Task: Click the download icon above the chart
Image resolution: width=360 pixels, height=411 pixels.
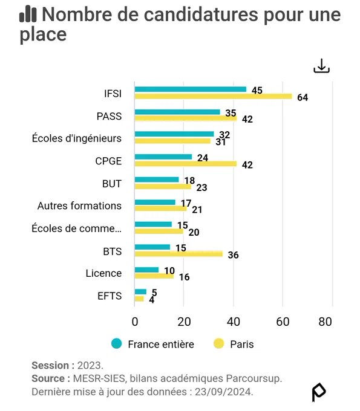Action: (x=321, y=66)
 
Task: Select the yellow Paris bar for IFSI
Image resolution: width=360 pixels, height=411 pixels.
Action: (x=214, y=97)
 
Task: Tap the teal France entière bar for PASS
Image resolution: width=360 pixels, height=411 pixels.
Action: (x=177, y=112)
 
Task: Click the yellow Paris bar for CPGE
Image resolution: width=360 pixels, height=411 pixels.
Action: (x=186, y=164)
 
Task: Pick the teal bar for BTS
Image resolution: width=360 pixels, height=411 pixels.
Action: (x=152, y=247)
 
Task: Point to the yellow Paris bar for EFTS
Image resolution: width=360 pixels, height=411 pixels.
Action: (x=139, y=299)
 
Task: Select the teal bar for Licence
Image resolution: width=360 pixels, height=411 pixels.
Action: (x=146, y=270)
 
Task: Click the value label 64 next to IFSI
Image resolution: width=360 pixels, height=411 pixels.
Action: (x=303, y=97)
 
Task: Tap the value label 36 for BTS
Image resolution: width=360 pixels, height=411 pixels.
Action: (x=234, y=255)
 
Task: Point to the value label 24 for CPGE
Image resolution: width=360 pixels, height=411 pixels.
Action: (x=203, y=158)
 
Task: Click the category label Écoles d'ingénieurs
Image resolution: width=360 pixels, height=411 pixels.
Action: (x=77, y=138)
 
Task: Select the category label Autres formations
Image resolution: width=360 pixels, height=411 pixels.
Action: (x=79, y=205)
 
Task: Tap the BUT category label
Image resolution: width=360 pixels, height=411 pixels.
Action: (x=112, y=184)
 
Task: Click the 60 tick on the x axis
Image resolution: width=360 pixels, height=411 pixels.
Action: (x=283, y=322)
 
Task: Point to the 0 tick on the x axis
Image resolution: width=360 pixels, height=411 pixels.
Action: (x=135, y=322)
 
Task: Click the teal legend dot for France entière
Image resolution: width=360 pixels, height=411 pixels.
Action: (x=117, y=344)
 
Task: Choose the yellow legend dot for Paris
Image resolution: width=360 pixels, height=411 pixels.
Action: (x=218, y=344)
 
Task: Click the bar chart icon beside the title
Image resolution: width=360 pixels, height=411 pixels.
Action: (x=28, y=14)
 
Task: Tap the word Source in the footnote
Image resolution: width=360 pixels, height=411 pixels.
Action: (x=48, y=378)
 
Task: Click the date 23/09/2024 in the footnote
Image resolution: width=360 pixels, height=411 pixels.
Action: (x=224, y=392)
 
